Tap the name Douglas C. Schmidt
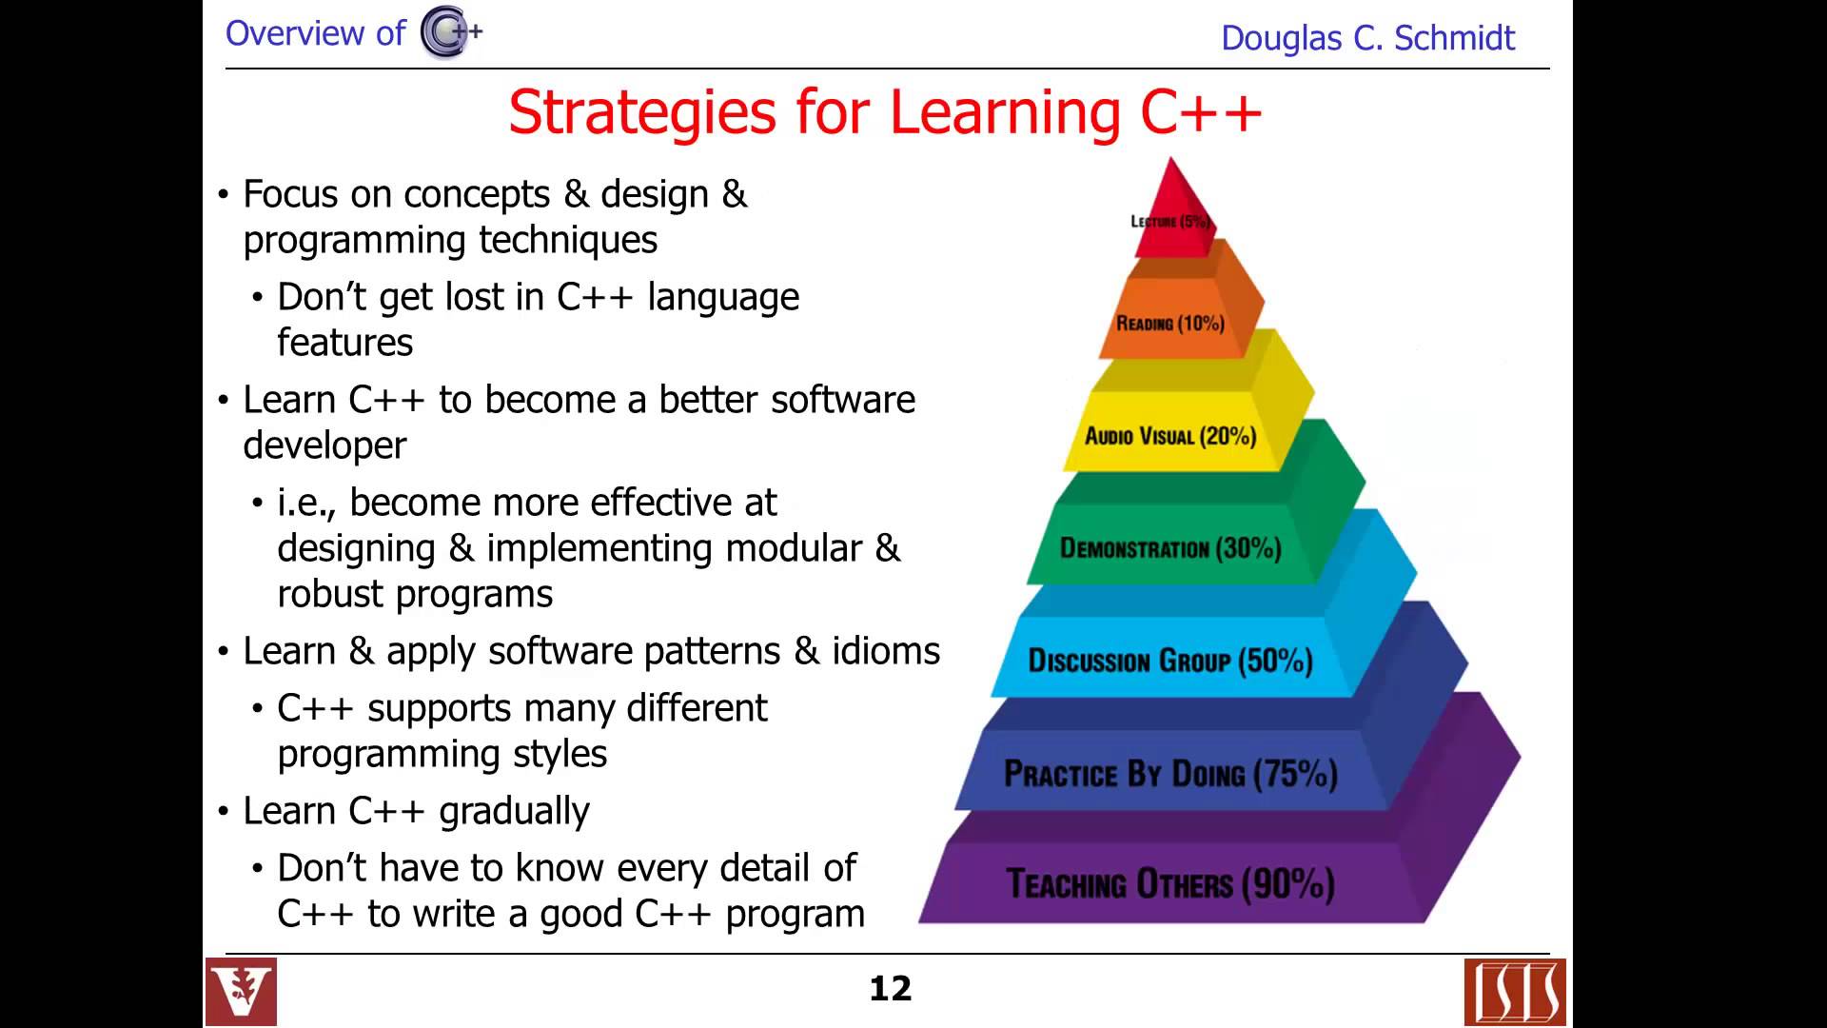pos(1367,38)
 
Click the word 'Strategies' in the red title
pos(642,113)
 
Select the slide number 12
pos(891,989)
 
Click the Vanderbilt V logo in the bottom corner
pos(241,992)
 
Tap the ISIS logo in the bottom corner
pos(1515,993)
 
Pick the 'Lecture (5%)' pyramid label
pos(1170,222)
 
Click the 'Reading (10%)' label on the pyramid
pos(1170,324)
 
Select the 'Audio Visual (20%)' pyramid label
pos(1170,436)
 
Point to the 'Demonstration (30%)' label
pos(1170,548)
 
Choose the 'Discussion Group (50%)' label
pos(1170,661)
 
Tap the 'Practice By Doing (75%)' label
pos(1170,774)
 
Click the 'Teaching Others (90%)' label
pos(1170,884)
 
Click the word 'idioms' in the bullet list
pos(886,651)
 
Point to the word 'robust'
pos(332,594)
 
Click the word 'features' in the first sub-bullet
pos(344,343)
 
